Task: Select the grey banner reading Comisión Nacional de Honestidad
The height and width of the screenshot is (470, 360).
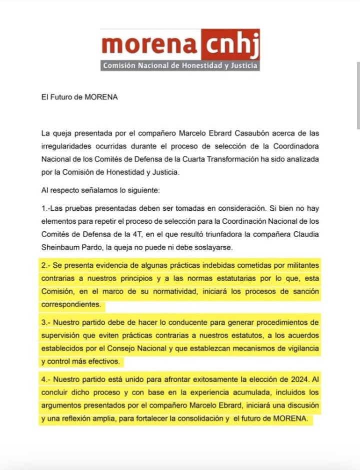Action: pyautogui.click(x=179, y=65)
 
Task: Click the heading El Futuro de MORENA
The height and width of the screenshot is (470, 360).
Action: pyautogui.click(x=79, y=97)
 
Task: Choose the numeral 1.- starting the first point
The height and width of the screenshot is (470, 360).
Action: pyautogui.click(x=47, y=208)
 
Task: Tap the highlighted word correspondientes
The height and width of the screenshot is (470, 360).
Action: pyautogui.click(x=72, y=304)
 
